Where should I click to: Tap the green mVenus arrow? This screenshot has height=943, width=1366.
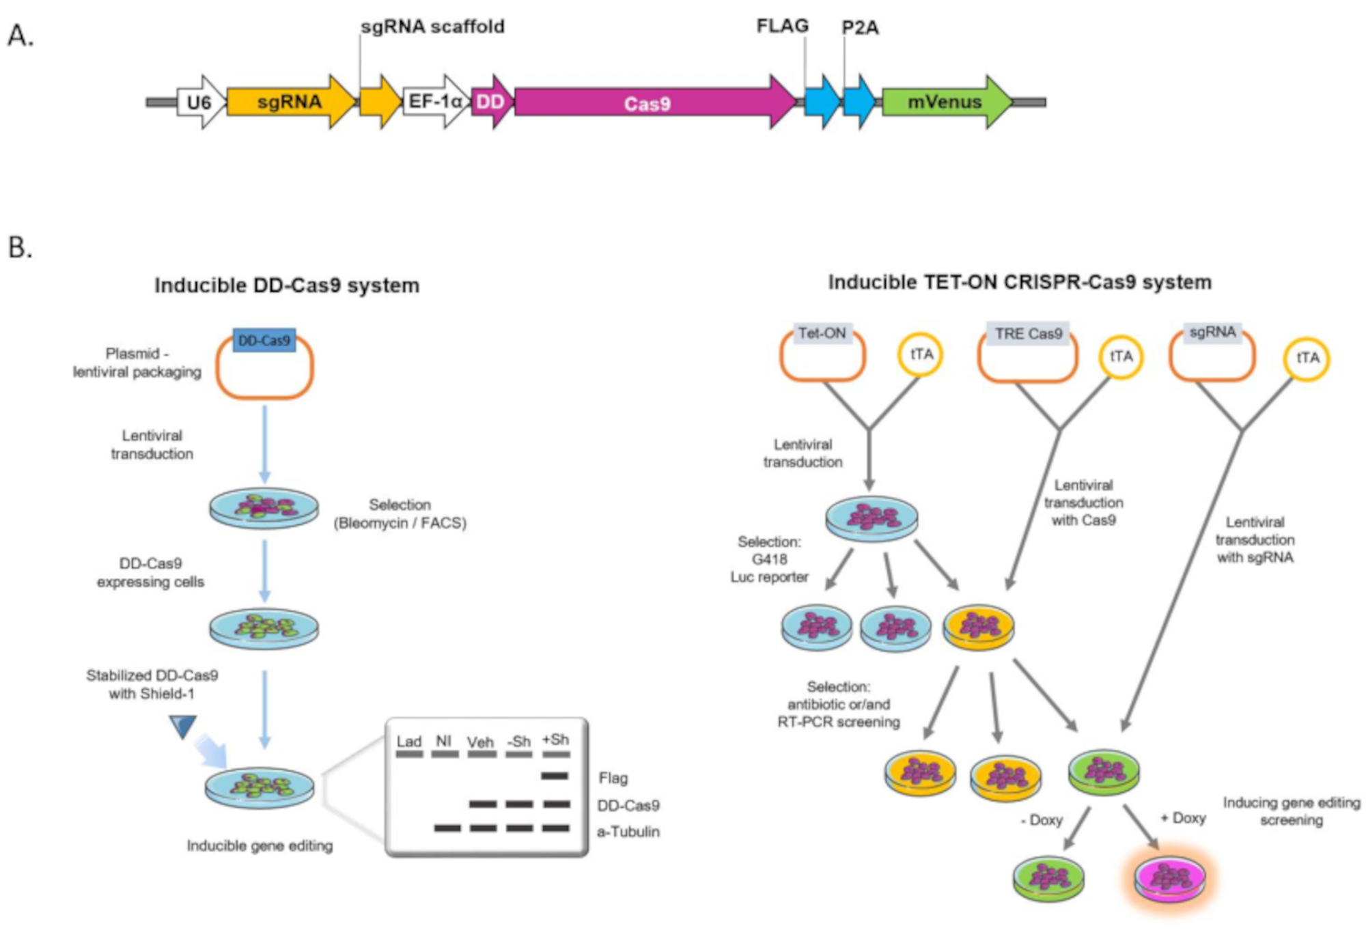tap(945, 102)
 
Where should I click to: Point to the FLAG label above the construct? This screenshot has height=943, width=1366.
tap(782, 26)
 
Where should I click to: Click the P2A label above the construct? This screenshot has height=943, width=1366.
tap(860, 27)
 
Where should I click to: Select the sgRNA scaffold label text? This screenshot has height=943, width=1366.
tap(432, 27)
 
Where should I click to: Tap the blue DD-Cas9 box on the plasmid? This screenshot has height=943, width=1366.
tap(264, 340)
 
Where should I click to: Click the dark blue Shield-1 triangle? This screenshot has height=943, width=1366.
tap(183, 725)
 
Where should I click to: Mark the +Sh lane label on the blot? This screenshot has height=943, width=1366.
tap(555, 740)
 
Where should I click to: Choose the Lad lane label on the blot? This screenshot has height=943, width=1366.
tap(409, 742)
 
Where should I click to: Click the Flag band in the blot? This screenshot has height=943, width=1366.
tap(555, 776)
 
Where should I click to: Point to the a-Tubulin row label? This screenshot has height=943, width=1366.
tap(628, 832)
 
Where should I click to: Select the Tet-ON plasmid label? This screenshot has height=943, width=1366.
tap(822, 333)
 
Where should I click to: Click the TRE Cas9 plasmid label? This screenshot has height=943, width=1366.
tap(1028, 334)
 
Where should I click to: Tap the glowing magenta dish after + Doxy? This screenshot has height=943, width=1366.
tap(1170, 879)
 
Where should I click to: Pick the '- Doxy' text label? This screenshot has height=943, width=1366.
tap(1042, 820)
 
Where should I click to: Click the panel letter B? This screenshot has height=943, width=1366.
tap(20, 247)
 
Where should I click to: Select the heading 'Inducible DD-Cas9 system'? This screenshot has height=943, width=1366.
tap(287, 285)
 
